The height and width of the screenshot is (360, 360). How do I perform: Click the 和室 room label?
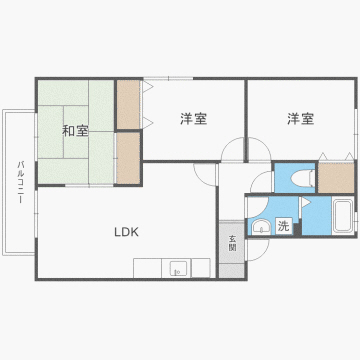(75, 130)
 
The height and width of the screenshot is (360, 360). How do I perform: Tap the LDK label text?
(125, 232)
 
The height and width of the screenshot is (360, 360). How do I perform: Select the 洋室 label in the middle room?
(194, 120)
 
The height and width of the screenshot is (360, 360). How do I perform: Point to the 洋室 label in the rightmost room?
(300, 120)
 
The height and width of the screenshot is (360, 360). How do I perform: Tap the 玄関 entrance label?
(231, 242)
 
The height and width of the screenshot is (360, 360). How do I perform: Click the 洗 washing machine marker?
(284, 226)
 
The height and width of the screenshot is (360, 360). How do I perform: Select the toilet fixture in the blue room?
(297, 177)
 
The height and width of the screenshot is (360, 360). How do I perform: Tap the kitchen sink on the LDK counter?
(176, 268)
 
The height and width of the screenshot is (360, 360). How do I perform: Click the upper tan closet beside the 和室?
(128, 103)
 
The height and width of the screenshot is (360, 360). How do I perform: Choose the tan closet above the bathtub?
(336, 176)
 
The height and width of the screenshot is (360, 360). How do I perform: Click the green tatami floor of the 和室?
(60, 160)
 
